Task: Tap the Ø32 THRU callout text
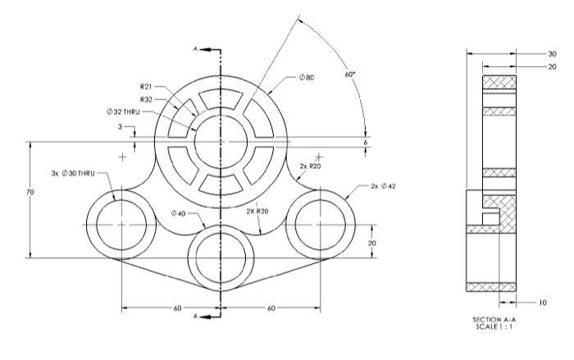pyautogui.click(x=125, y=111)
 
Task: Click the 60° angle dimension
pyautogui.click(x=350, y=74)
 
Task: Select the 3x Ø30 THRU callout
pyautogui.click(x=74, y=174)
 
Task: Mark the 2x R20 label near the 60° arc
pyautogui.click(x=310, y=166)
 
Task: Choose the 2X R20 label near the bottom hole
pyautogui.click(x=257, y=211)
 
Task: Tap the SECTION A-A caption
pyautogui.click(x=490, y=319)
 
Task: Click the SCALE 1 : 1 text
pyautogui.click(x=490, y=326)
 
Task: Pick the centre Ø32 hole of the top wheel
pyautogui.click(x=221, y=138)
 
